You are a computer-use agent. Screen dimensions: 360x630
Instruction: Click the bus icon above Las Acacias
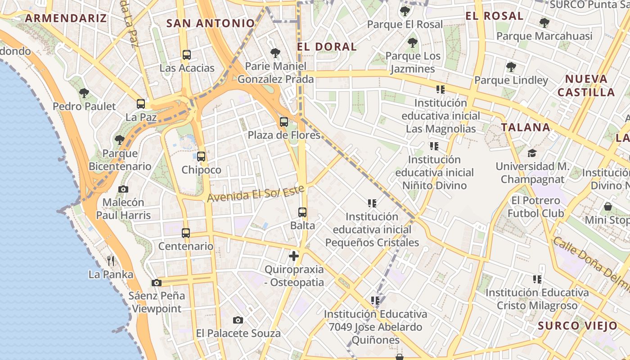(x=187, y=55)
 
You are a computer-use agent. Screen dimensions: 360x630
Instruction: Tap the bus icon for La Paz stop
(x=141, y=104)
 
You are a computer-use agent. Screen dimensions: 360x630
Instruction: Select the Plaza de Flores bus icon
(x=284, y=121)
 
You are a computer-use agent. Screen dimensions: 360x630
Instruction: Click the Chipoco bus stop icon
(x=201, y=157)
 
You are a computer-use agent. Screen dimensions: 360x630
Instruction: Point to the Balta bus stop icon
(x=302, y=212)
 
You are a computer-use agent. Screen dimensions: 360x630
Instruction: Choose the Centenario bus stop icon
(x=186, y=233)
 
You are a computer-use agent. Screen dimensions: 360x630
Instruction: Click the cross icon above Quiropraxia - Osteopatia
(x=294, y=256)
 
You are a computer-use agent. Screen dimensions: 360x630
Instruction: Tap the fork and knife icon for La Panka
(x=111, y=261)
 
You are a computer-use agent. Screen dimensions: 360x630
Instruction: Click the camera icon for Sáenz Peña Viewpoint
(x=157, y=283)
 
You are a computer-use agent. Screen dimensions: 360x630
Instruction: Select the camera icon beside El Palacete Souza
(x=238, y=320)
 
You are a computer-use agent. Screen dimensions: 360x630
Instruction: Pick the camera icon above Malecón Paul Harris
(x=123, y=189)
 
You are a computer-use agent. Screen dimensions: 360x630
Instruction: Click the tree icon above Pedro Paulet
(x=84, y=93)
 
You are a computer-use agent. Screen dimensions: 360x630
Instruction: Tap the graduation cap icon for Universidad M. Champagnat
(x=532, y=153)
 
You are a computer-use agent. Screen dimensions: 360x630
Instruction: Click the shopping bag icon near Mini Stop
(x=608, y=207)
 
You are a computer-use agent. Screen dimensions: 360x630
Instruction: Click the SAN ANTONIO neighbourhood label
(x=211, y=23)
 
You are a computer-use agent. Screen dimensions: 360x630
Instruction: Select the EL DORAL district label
(x=327, y=46)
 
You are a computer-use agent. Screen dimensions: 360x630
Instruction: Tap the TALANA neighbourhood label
(x=526, y=127)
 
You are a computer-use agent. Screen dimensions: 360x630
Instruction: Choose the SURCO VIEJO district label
(x=578, y=326)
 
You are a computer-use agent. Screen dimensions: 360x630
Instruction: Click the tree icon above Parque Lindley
(x=511, y=67)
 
